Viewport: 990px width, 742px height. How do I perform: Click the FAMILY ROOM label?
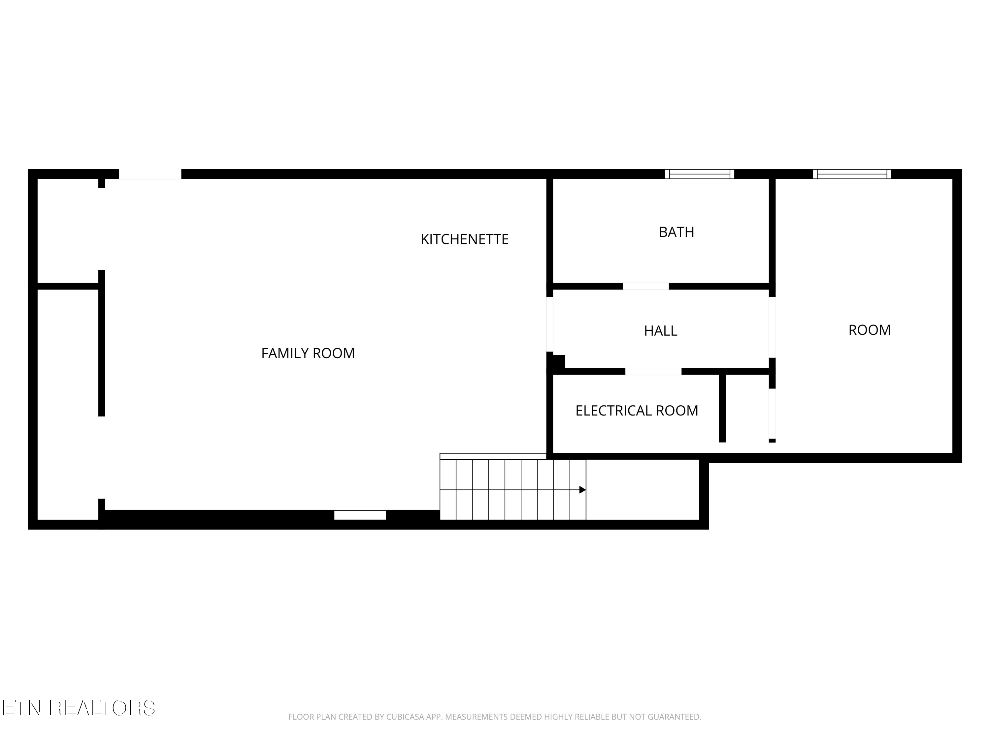[308, 353]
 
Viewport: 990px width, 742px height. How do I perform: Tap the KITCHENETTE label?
[465, 240]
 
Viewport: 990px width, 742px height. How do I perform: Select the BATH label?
[676, 232]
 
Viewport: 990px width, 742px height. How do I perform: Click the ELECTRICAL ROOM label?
[637, 411]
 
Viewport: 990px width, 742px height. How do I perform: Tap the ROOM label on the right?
[869, 330]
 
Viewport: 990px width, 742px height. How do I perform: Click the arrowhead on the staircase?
[582, 490]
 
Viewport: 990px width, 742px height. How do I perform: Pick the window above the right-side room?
[852, 174]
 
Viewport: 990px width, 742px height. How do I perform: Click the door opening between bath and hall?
[646, 286]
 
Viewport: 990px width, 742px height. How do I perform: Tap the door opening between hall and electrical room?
[653, 371]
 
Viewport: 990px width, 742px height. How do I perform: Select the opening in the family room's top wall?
[150, 174]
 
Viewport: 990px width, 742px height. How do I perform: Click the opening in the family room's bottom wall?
[360, 515]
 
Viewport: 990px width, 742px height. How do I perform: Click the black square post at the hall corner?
[558, 361]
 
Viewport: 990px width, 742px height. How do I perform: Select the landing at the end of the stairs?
[642, 490]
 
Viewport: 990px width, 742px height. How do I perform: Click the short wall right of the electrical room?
[722, 407]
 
